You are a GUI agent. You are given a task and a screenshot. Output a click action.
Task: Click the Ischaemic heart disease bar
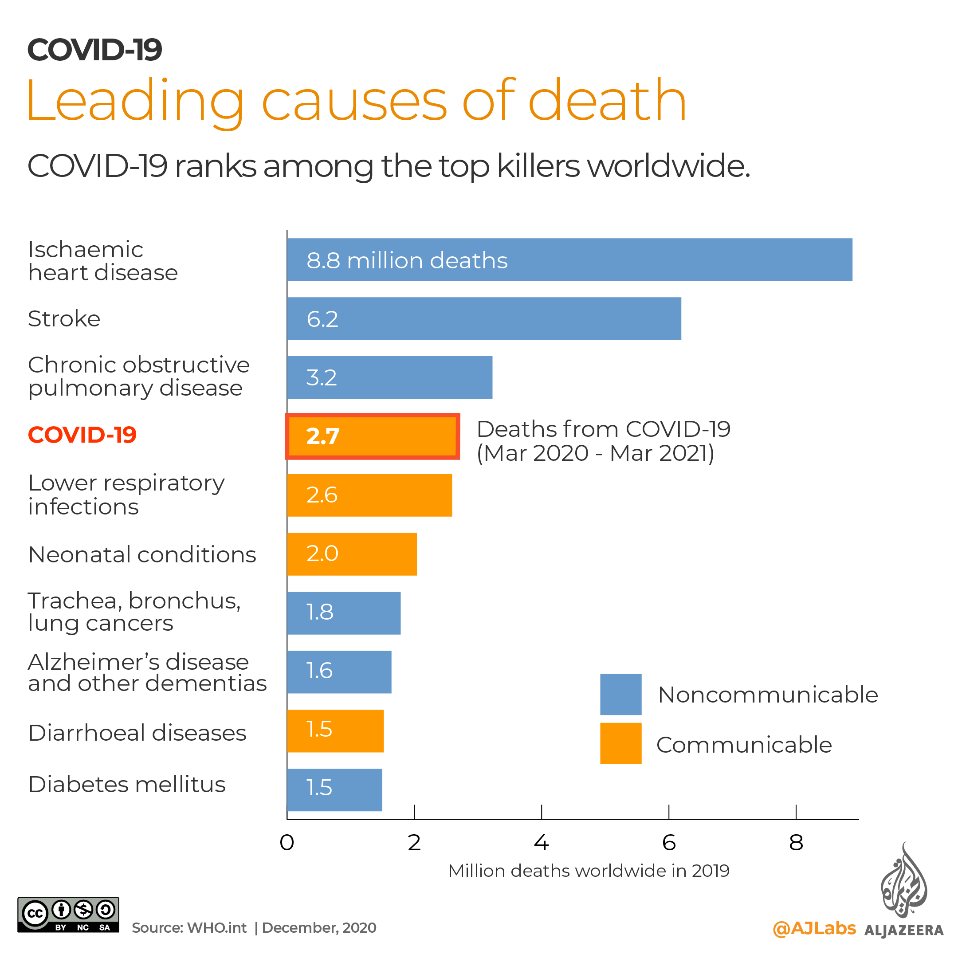pyautogui.click(x=569, y=259)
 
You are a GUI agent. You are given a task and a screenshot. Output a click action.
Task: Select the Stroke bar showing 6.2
pyautogui.click(x=483, y=318)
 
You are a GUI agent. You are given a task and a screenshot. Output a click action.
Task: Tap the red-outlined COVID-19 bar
pyautogui.click(x=372, y=436)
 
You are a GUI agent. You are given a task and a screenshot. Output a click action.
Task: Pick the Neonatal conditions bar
pyautogui.click(x=352, y=554)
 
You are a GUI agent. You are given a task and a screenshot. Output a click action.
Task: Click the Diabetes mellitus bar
pyautogui.click(x=334, y=789)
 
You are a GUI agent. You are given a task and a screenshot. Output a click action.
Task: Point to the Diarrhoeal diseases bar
pyautogui.click(x=335, y=731)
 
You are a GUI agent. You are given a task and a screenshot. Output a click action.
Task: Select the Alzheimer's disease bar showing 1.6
pyautogui.click(x=339, y=672)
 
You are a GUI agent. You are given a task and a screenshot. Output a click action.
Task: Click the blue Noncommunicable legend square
pyautogui.click(x=620, y=694)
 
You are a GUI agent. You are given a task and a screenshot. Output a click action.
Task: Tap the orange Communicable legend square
pyautogui.click(x=620, y=743)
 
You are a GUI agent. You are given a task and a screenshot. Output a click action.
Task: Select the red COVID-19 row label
pyautogui.click(x=82, y=435)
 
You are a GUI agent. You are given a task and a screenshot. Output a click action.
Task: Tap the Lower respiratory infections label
pyautogui.click(x=126, y=495)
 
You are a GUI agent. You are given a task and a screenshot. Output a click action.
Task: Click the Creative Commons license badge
pyautogui.click(x=68, y=915)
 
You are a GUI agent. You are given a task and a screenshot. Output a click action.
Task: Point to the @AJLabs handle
pyautogui.click(x=814, y=928)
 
